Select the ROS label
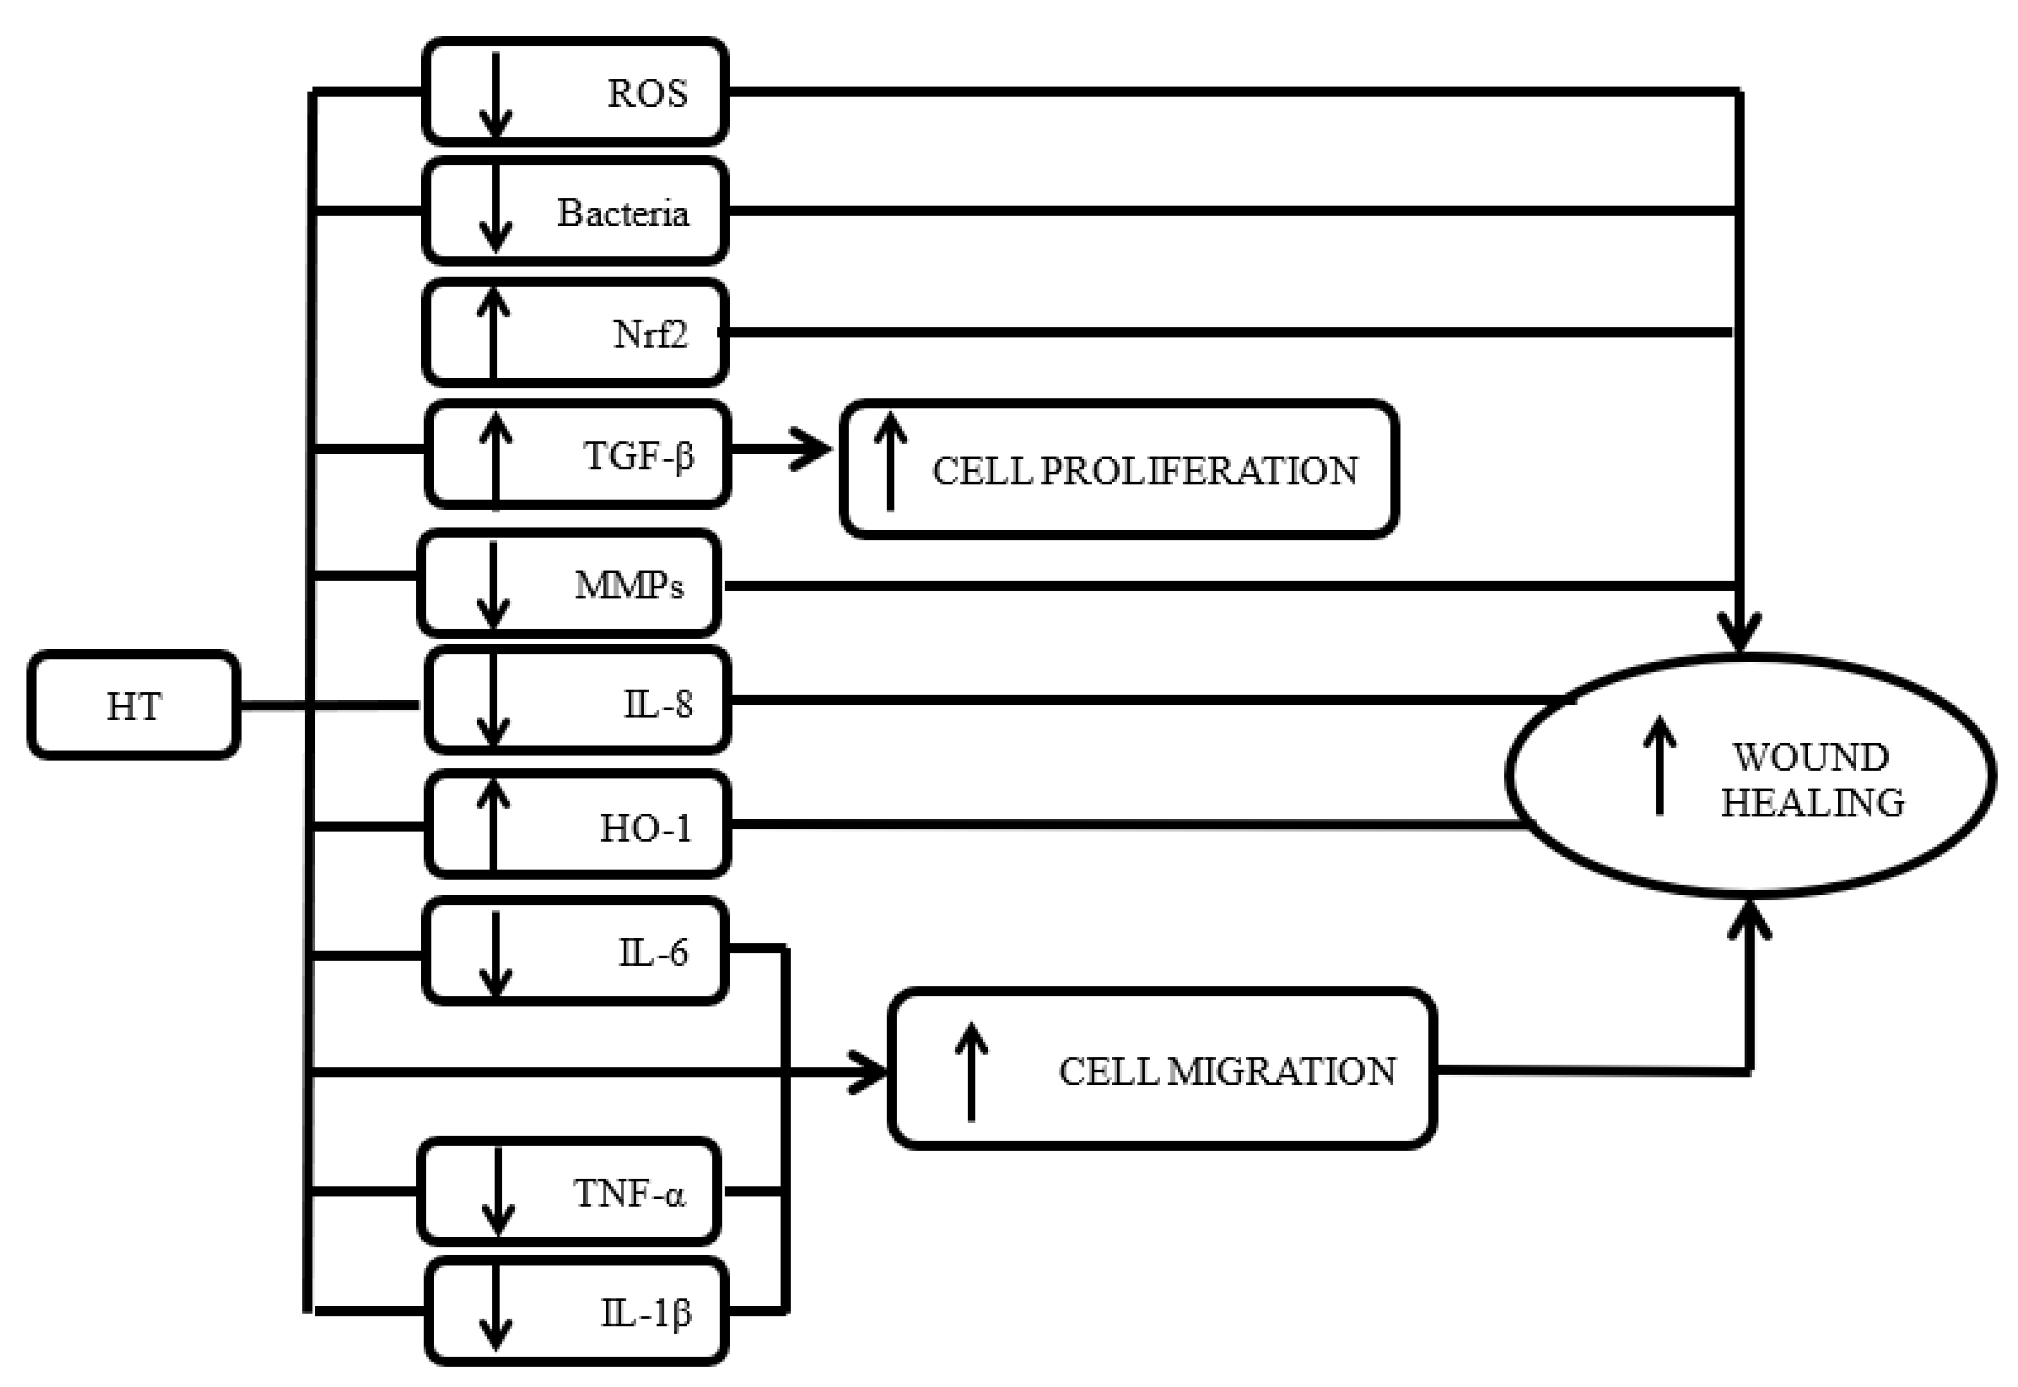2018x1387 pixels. pos(647,93)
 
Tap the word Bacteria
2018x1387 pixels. pos(622,213)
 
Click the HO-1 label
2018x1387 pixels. pos(645,828)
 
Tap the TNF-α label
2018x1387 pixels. pos(629,1193)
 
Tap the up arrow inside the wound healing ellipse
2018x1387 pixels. pos(1660,765)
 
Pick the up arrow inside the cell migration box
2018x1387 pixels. pos(971,1072)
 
